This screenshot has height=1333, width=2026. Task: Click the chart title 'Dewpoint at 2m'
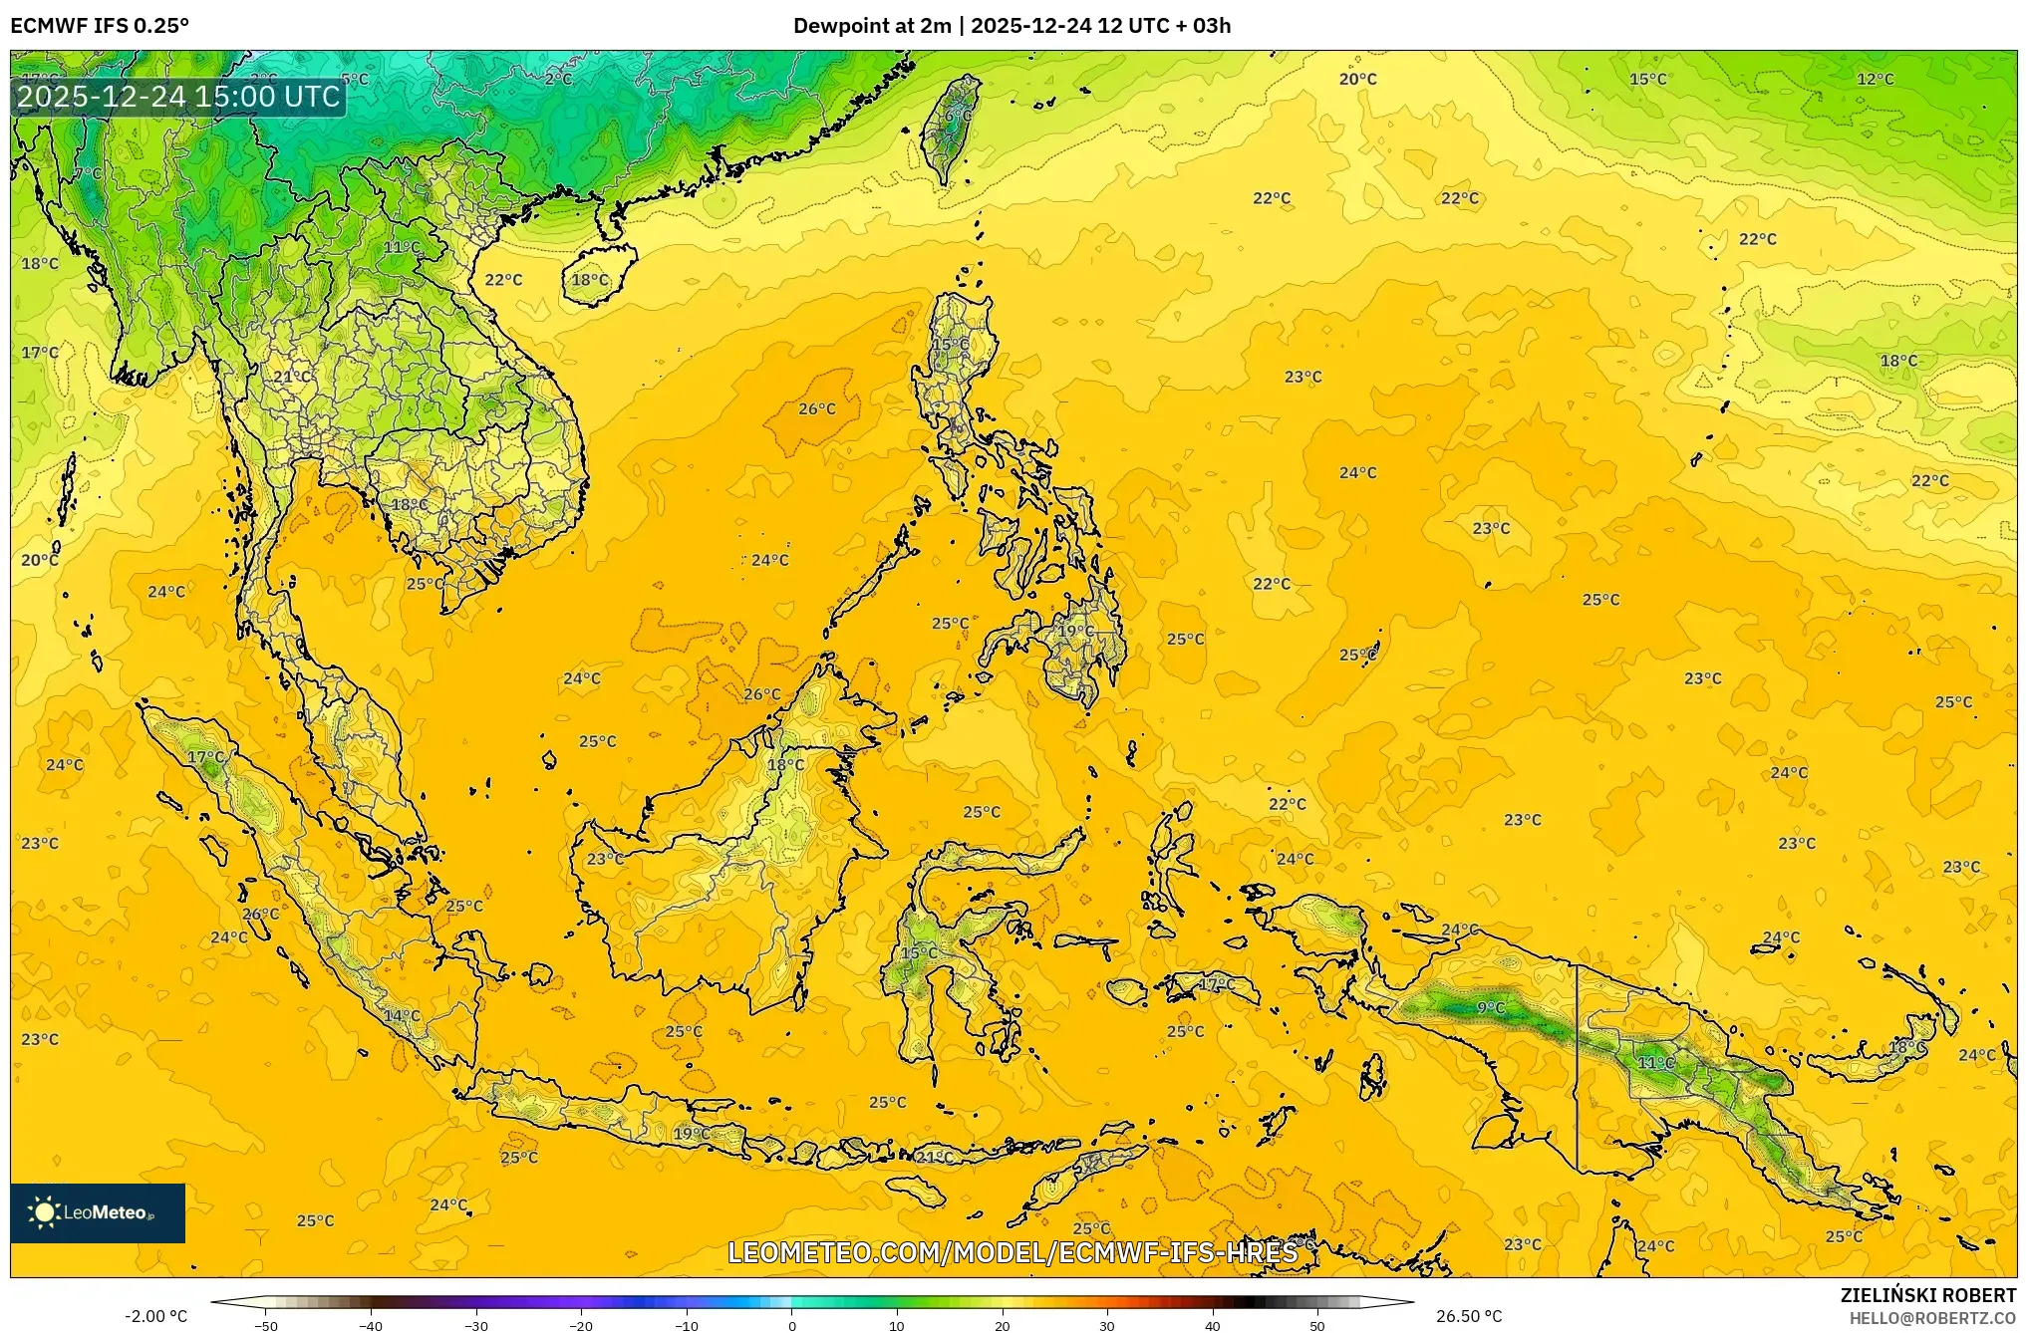[x=871, y=26]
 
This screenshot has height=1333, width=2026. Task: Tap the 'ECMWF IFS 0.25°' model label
[x=100, y=26]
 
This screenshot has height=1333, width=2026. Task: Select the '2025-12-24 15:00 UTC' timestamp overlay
[x=178, y=97]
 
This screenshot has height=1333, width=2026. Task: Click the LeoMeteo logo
[x=98, y=1212]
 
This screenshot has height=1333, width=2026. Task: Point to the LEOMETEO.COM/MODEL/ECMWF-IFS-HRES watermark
[x=1013, y=1252]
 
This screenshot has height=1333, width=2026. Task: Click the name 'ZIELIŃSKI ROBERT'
[x=1927, y=1295]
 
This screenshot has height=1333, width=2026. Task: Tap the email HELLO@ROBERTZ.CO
[x=1932, y=1318]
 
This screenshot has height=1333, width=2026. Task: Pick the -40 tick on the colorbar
[x=371, y=1326]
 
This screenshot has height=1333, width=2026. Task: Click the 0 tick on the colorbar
[x=792, y=1326]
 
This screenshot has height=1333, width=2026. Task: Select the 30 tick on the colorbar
[x=1107, y=1326]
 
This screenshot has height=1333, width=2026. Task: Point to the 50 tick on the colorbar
[x=1317, y=1326]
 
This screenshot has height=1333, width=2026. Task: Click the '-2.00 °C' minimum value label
[x=155, y=1316]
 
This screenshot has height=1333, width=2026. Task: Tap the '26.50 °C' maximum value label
[x=1469, y=1316]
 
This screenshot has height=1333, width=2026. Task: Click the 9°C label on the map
[x=1491, y=1008]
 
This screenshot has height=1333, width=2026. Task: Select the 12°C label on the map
[x=1875, y=80]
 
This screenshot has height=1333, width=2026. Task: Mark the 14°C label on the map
[x=403, y=1016]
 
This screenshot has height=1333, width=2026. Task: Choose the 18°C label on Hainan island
[x=590, y=280]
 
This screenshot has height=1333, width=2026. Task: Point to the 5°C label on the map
[x=355, y=80]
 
